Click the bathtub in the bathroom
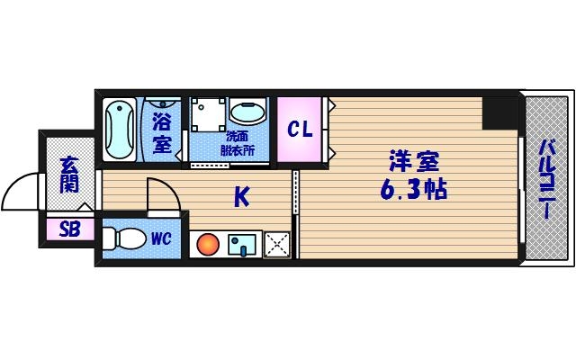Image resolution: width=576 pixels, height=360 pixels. [118, 130]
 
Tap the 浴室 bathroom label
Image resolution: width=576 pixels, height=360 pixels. [162, 131]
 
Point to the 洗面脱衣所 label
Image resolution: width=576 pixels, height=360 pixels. [238, 143]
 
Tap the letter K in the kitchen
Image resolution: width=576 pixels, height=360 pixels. [241, 196]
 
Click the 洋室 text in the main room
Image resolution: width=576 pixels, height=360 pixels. [413, 162]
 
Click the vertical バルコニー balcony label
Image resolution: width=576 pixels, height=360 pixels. [546, 179]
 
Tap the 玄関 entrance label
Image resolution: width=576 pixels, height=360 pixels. [69, 175]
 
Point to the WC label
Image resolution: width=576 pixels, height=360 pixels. [161, 239]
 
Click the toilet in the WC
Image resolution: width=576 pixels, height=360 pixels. [123, 240]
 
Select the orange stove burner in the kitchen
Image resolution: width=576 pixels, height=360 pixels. [208, 244]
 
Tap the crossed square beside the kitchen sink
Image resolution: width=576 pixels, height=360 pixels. [277, 243]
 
